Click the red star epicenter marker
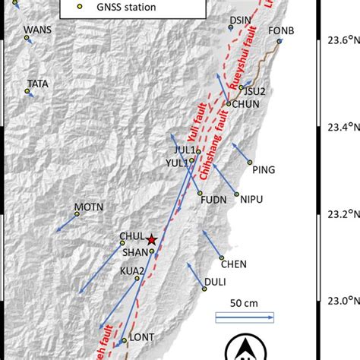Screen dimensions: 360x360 [x=151, y=238]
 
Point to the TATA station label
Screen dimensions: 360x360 [x=37, y=84]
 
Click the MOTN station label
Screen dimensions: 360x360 [x=87, y=207]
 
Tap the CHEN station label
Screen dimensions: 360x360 [x=233, y=264]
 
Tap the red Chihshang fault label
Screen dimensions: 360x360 [x=213, y=152]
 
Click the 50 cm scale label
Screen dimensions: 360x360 [x=245, y=303]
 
